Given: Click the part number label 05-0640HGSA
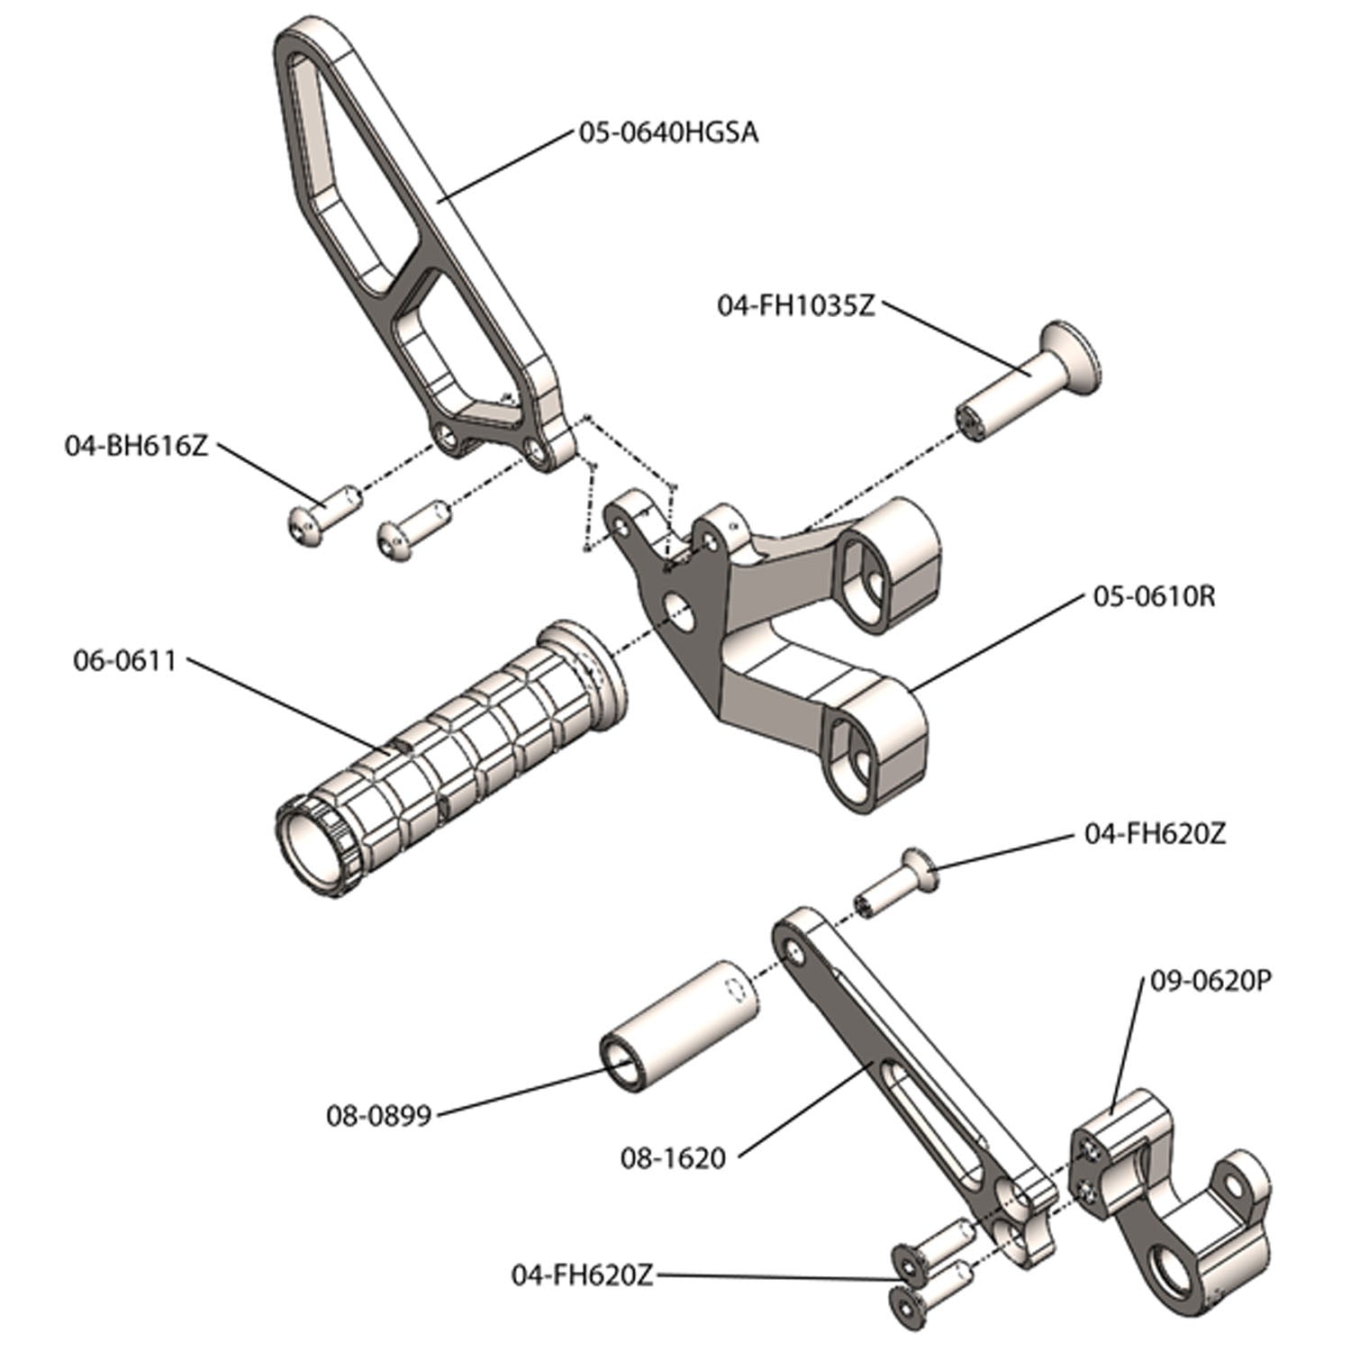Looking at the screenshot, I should (x=667, y=133).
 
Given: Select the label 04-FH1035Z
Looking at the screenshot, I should (x=795, y=305).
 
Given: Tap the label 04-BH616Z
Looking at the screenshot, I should (x=136, y=445).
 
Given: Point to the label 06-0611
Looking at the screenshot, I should (x=124, y=660).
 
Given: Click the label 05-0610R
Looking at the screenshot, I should (x=1154, y=596).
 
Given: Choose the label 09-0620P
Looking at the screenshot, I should (x=1210, y=981).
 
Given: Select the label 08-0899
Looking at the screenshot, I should (x=378, y=1116).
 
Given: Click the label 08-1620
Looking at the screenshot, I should (x=673, y=1157).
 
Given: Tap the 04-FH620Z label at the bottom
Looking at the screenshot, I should (x=582, y=1275).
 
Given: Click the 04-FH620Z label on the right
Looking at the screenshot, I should (x=1155, y=834).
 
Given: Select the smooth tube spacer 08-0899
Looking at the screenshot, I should (x=680, y=1025).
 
